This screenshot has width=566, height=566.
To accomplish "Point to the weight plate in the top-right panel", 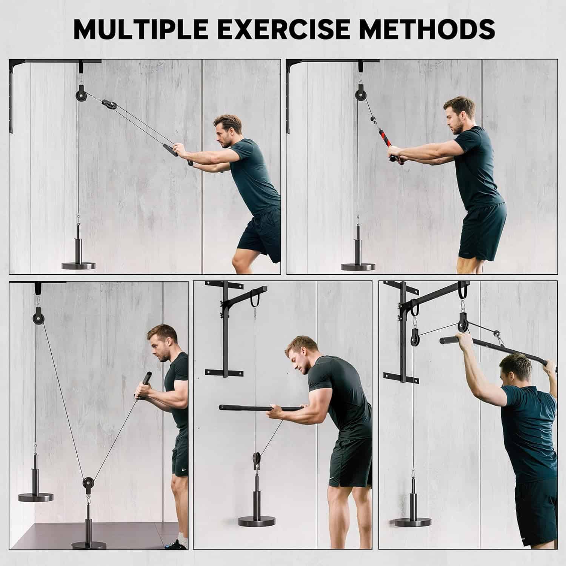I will tap(358, 266).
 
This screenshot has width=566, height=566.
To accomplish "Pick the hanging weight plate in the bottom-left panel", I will tap(36, 497).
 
